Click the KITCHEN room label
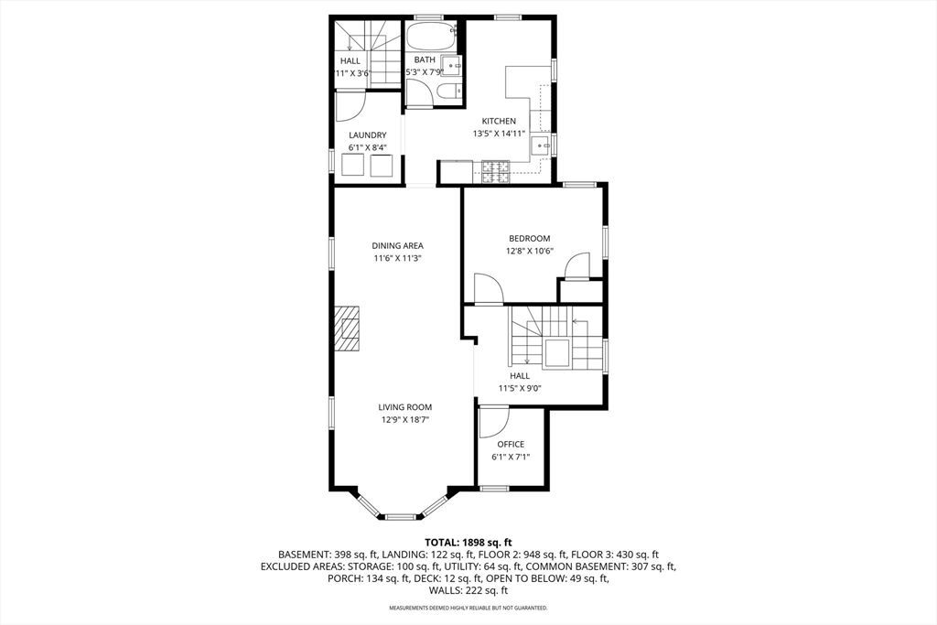[499, 121]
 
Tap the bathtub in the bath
[430, 37]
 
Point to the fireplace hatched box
[347, 329]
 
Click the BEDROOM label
[530, 238]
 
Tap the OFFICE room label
[511, 444]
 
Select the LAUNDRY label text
[367, 135]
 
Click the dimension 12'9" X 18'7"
[405, 420]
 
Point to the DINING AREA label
[397, 245]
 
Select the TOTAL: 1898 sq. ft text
[468, 542]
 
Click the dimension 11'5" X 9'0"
[520, 388]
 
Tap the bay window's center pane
[401, 517]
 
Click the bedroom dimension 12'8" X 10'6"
[530, 251]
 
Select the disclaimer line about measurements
[468, 608]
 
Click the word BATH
[425, 59]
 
